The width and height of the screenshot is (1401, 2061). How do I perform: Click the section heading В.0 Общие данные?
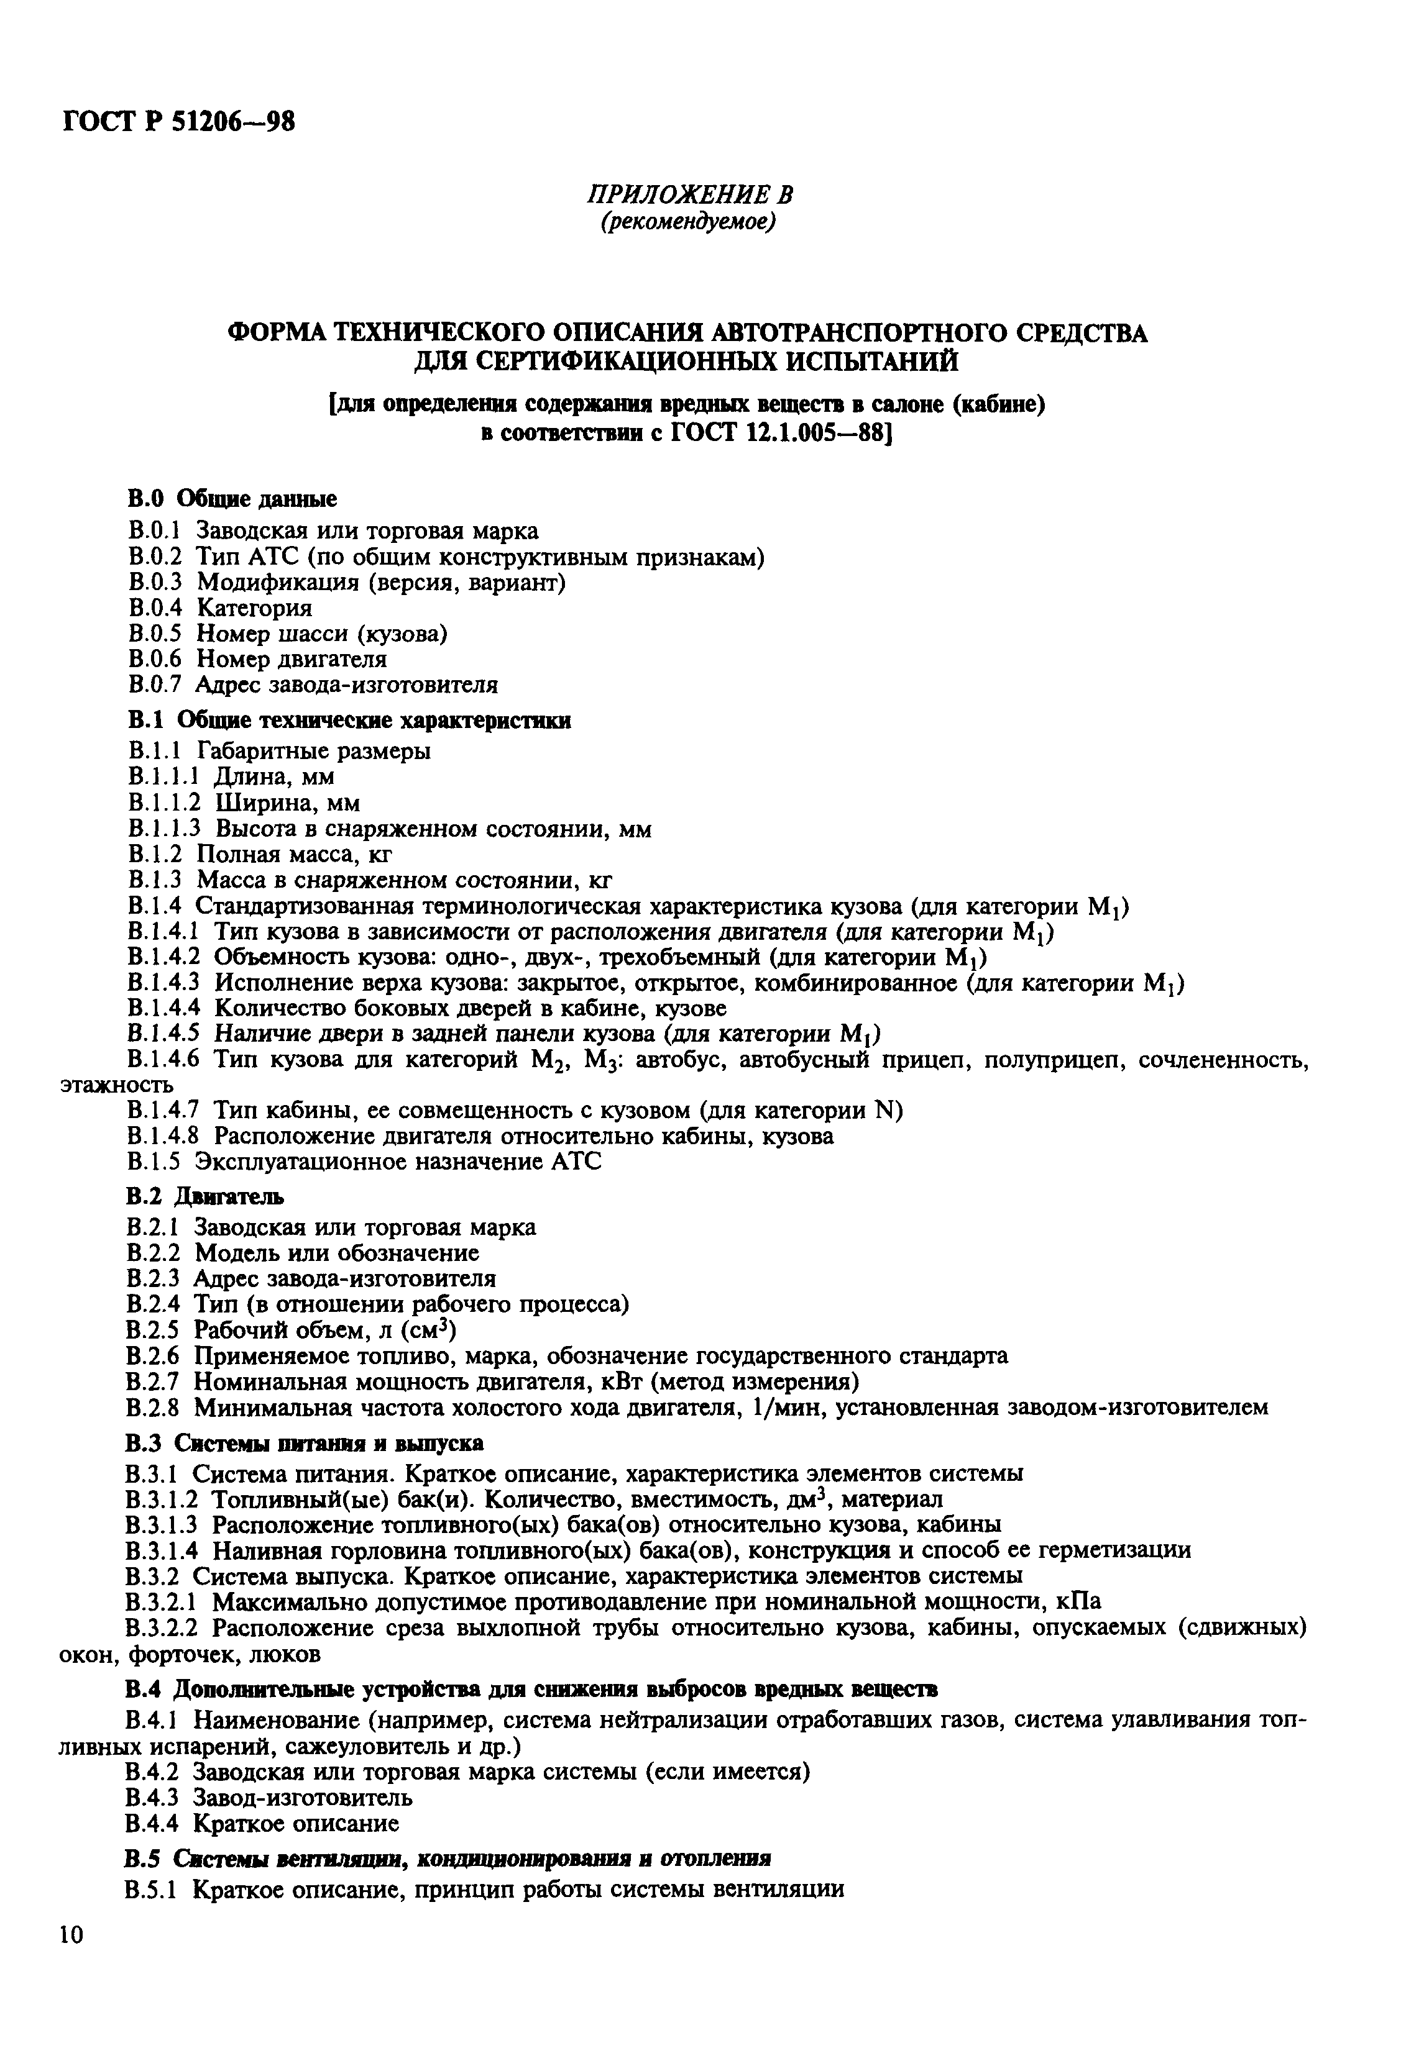tap(231, 499)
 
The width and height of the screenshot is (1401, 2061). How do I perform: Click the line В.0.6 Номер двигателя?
tap(257, 659)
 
